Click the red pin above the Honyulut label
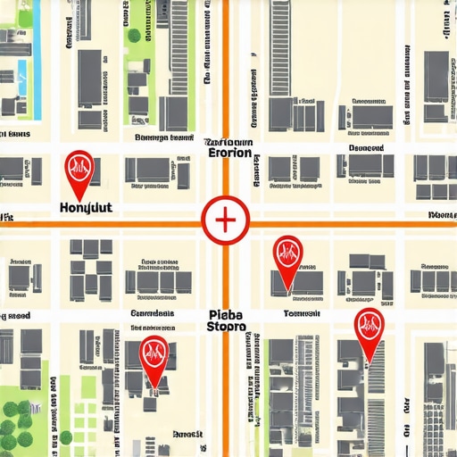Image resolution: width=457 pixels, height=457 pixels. pos(79,166)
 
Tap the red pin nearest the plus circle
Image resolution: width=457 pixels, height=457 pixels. pos(287,253)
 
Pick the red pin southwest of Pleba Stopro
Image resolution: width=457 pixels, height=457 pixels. pos(154,353)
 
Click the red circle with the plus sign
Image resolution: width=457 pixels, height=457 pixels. pos(224,219)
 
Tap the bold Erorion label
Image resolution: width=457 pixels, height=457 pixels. pos(230,153)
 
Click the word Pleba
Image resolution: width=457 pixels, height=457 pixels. pos(227,314)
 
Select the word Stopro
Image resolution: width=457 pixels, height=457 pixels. pos(227,328)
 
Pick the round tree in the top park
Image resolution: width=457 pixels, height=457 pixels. pos(134,36)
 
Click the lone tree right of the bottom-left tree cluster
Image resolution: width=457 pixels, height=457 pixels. pos(65,437)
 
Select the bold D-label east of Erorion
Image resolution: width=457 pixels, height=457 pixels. pos(366,148)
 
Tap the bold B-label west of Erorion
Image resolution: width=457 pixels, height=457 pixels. pos(164,138)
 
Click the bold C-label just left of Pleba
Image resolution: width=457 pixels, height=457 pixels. pos(153,314)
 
